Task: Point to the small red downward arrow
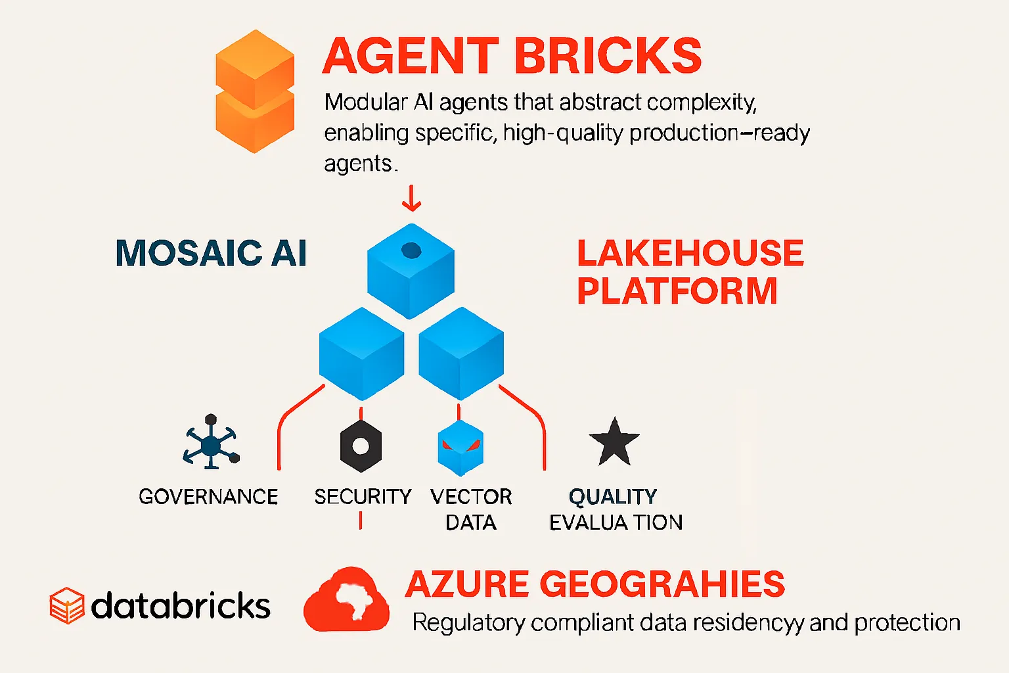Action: coord(411,198)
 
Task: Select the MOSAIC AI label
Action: coord(211,253)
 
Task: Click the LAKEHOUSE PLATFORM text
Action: coord(690,272)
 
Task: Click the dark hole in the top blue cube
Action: coord(411,250)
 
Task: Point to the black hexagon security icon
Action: coord(361,446)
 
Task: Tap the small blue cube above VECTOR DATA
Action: coord(460,448)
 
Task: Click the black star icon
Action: coord(614,442)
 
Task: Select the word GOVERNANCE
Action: coord(208,497)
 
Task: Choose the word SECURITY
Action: coord(363,497)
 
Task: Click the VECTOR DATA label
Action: coord(471,509)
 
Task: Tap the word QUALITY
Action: coord(613,496)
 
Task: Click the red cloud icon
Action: coord(346,599)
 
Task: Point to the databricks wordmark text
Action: coord(181,605)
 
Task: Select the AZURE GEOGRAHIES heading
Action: coord(594,584)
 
